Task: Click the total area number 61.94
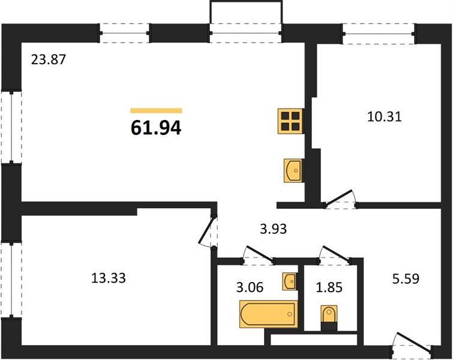pyautogui.click(x=156, y=128)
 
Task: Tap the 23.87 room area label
pyautogui.click(x=49, y=60)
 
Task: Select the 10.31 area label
pyautogui.click(x=385, y=117)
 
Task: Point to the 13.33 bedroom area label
pyautogui.click(x=109, y=278)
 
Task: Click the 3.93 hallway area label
pyautogui.click(x=274, y=229)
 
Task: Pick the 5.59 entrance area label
pyautogui.click(x=406, y=279)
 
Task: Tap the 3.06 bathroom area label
pyautogui.click(x=250, y=287)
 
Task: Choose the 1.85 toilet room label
pyautogui.click(x=329, y=287)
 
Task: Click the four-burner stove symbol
pyautogui.click(x=290, y=121)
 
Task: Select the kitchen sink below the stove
pyautogui.click(x=293, y=170)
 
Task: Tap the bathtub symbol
pyautogui.click(x=269, y=314)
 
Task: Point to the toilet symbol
pyautogui.click(x=329, y=318)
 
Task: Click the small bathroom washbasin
pyautogui.click(x=290, y=281)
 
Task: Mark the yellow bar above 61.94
pyautogui.click(x=156, y=110)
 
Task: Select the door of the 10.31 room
pyautogui.click(x=340, y=199)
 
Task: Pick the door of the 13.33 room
pyautogui.click(x=208, y=230)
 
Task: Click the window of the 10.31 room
pyautogui.click(x=379, y=34)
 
